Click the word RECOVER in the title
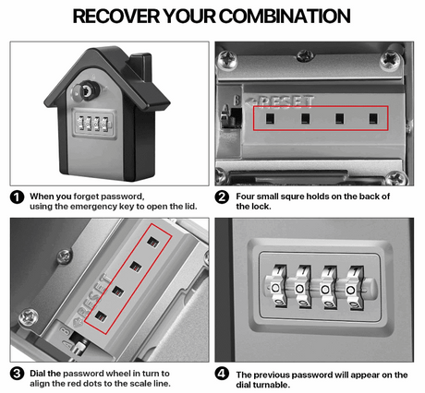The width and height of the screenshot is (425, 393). coord(115,17)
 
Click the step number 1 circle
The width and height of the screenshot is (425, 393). coord(17,196)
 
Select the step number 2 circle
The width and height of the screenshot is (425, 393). coord(222,196)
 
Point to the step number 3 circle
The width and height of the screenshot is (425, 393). coord(17,375)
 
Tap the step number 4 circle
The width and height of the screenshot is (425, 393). coord(222,375)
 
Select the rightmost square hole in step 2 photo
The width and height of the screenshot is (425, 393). coord(373,117)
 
